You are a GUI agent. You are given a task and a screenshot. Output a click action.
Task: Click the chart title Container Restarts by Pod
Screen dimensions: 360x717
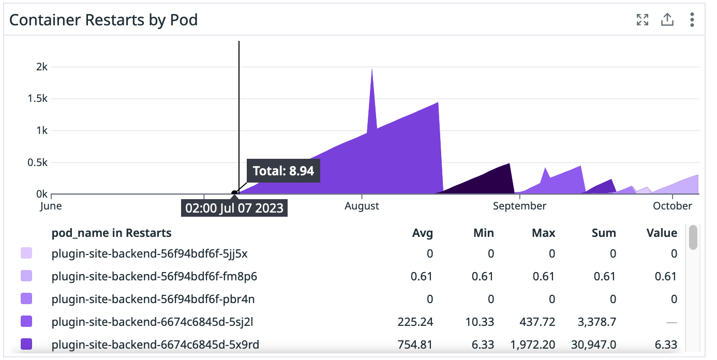[x=103, y=20]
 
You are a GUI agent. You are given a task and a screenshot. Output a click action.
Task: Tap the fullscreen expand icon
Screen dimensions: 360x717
[x=642, y=20]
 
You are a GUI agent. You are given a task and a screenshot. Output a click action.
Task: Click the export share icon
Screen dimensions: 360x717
[x=667, y=20]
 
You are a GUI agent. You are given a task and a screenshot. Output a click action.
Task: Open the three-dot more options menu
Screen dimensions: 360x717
[x=692, y=20]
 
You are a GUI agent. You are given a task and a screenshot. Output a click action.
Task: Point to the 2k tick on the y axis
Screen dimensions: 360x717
[x=41, y=67]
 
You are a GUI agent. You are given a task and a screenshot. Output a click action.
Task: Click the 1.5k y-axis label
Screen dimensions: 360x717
[x=37, y=99]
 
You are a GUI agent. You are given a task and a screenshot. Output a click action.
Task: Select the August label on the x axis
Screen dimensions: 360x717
[x=362, y=206]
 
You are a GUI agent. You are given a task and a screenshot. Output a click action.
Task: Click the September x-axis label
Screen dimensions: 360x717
[x=519, y=206]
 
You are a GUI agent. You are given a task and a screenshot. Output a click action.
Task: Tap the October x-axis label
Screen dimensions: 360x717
[x=672, y=206]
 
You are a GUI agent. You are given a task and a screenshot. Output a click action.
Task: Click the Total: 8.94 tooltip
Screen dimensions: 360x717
[x=283, y=171]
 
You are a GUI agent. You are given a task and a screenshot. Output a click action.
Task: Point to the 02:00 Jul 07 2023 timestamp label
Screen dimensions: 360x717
[x=234, y=208]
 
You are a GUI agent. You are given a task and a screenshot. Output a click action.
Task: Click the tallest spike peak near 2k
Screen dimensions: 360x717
[x=372, y=69]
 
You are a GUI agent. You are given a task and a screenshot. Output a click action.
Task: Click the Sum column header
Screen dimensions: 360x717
[x=604, y=233]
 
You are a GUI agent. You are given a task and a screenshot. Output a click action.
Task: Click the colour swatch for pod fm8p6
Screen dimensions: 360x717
[x=26, y=276]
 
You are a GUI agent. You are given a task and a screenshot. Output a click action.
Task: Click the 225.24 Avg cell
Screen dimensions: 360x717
[x=415, y=322]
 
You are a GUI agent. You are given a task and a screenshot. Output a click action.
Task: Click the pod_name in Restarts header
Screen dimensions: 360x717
[x=111, y=233]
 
